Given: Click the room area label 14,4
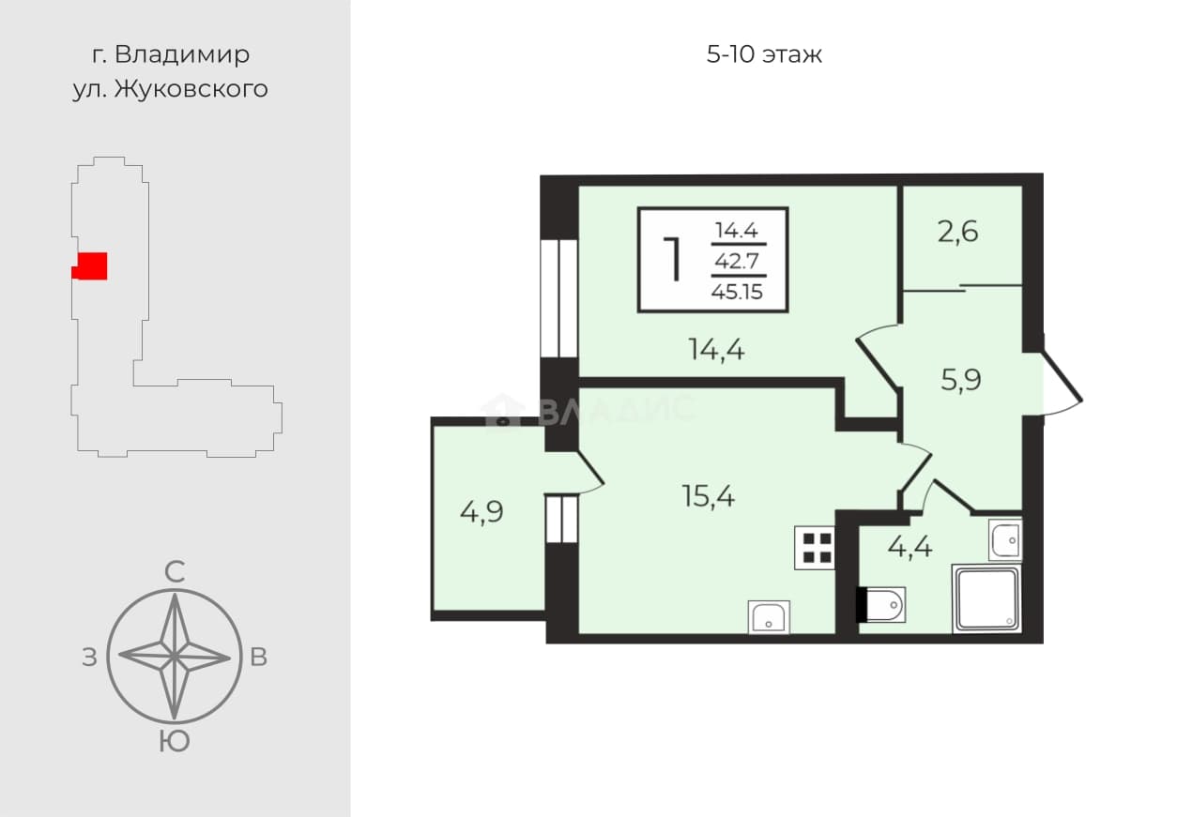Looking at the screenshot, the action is (x=716, y=350).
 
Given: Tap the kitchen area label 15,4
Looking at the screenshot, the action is (x=708, y=496).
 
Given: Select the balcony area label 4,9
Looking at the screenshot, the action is (x=481, y=512).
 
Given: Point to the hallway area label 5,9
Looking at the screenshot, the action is (x=961, y=380).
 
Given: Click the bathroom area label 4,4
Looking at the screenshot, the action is (x=910, y=548).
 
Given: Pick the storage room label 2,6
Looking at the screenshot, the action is (x=958, y=232).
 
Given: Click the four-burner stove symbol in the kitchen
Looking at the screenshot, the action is (x=815, y=548).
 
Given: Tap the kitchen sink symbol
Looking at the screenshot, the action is (x=768, y=617).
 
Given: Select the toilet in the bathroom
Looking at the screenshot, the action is (x=881, y=604).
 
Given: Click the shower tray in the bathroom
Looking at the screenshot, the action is (x=986, y=598).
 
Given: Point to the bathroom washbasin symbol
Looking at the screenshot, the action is (x=1005, y=539).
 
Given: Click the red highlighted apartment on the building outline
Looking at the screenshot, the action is (x=90, y=265).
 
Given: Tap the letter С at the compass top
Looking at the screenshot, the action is (x=175, y=572).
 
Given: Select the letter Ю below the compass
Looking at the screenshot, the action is (x=175, y=742).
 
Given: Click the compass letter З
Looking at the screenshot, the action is (x=89, y=658).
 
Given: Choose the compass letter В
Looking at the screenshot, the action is (x=258, y=657).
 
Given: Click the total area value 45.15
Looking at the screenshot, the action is (x=737, y=292).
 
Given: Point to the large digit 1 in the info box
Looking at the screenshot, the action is (x=672, y=259).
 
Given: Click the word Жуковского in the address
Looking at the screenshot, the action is (x=191, y=89).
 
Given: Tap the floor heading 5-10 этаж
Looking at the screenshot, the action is (x=764, y=54).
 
